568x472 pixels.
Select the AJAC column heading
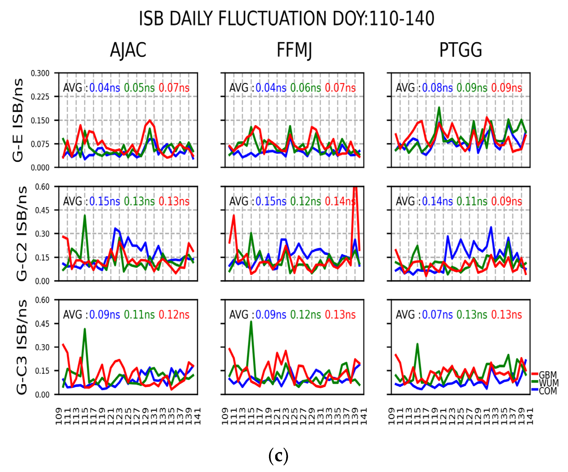pos(128,50)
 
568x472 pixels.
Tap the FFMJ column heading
pos(294,50)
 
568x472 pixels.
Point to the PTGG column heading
pos(461,50)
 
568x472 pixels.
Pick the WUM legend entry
pos(548,383)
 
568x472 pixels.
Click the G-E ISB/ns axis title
pos(18,120)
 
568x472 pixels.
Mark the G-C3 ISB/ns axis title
pos(22,347)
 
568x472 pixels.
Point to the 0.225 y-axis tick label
pos(40,97)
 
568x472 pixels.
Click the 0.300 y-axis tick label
pos(40,73)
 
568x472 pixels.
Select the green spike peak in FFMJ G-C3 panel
pos(251,322)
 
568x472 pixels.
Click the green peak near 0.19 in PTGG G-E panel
pos(439,108)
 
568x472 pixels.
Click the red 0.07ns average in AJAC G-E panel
pos(174,88)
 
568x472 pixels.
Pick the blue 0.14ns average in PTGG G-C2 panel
pos(437,201)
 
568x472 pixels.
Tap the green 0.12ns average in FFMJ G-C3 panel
pos(305,315)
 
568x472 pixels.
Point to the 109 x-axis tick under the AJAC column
pos(59,416)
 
